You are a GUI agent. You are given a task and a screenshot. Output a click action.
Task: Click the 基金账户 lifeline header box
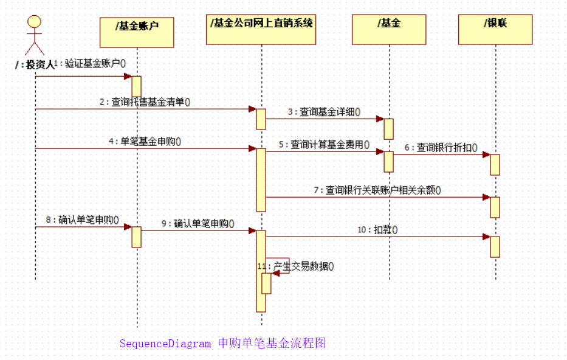pyautogui.click(x=137, y=32)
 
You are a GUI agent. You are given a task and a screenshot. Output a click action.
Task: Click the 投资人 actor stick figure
pyautogui.click(x=35, y=34)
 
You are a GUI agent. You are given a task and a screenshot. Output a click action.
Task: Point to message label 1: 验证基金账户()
pyautogui.click(x=90, y=63)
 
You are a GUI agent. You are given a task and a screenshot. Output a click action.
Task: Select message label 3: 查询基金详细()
pyautogui.click(x=324, y=112)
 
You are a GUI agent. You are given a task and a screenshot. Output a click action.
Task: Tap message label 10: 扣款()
pyautogui.click(x=377, y=229)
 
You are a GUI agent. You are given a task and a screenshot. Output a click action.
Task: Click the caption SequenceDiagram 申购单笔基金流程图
pyautogui.click(x=222, y=344)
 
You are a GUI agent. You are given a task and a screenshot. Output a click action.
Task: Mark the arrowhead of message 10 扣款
pyautogui.click(x=486, y=237)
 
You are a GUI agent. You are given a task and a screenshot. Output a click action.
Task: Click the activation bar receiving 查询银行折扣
pyautogui.click(x=495, y=165)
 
